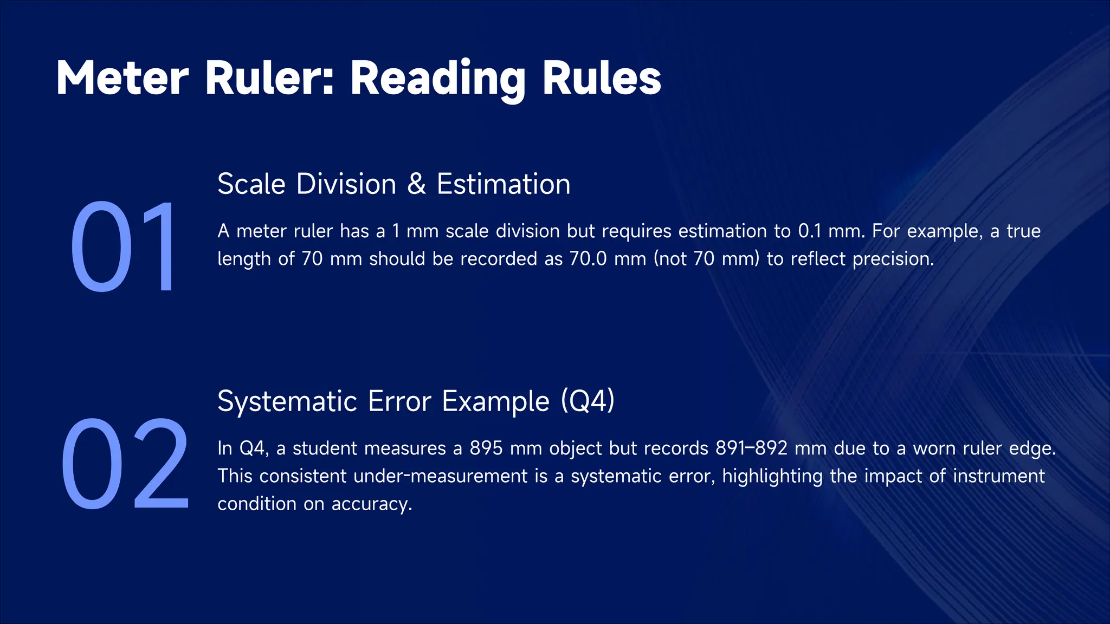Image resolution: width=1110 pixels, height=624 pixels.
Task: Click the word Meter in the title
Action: pos(122,79)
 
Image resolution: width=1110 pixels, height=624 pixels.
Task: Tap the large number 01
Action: pos(124,246)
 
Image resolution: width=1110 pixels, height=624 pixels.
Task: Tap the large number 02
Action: pos(125,464)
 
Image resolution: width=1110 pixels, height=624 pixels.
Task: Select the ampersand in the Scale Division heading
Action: pos(416,184)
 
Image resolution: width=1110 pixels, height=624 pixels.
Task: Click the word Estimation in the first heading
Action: pos(504,184)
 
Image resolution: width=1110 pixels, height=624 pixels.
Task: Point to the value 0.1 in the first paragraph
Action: pos(811,231)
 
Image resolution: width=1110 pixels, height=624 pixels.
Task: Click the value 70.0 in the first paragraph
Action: pos(588,259)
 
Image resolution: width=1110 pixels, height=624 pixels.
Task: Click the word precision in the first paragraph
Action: pos(893,259)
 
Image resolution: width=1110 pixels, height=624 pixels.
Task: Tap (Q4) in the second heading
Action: pos(588,401)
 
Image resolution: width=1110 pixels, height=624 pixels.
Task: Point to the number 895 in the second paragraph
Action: pos(486,448)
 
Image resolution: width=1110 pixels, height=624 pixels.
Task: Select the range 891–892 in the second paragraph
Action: pos(751,448)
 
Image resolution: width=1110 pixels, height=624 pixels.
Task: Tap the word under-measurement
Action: pos(441,476)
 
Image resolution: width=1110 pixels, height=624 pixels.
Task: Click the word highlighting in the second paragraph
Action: pos(772,476)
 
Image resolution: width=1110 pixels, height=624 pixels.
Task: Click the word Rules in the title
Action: pos(602,79)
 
